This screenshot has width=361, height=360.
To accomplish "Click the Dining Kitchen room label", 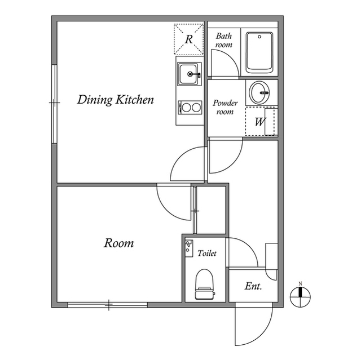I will [116, 100].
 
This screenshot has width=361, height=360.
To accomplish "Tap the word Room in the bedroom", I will [118, 243].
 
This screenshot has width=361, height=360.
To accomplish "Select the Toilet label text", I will [207, 254].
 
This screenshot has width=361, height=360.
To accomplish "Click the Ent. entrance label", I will [253, 286].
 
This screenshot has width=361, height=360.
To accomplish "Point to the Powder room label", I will [225, 107].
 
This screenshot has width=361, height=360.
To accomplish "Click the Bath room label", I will [224, 40].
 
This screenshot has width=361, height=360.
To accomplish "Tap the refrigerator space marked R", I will [189, 39].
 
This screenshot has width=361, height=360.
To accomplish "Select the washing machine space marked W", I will [260, 122].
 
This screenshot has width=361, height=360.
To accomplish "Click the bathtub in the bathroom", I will [259, 52].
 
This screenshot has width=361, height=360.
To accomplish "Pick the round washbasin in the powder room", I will [260, 92].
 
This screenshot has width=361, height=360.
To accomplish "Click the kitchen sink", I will [189, 74].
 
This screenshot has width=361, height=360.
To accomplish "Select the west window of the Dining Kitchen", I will [54, 103].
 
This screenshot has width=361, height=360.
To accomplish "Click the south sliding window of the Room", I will [107, 305].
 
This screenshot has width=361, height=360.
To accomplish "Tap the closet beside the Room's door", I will [210, 210].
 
